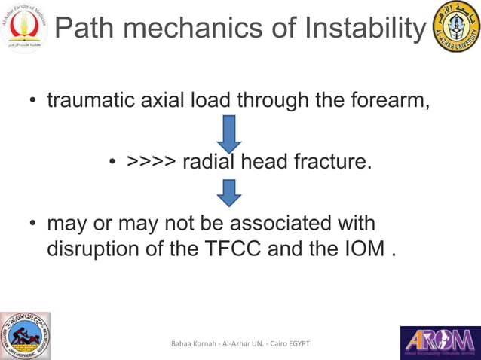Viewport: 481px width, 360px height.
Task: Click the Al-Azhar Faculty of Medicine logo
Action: click(23, 28)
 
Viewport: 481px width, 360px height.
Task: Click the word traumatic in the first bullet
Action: click(93, 100)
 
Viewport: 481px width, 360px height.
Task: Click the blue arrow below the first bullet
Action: click(228, 133)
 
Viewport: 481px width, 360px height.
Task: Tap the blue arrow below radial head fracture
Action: click(228, 192)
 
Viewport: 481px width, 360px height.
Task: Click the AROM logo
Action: click(440, 342)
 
